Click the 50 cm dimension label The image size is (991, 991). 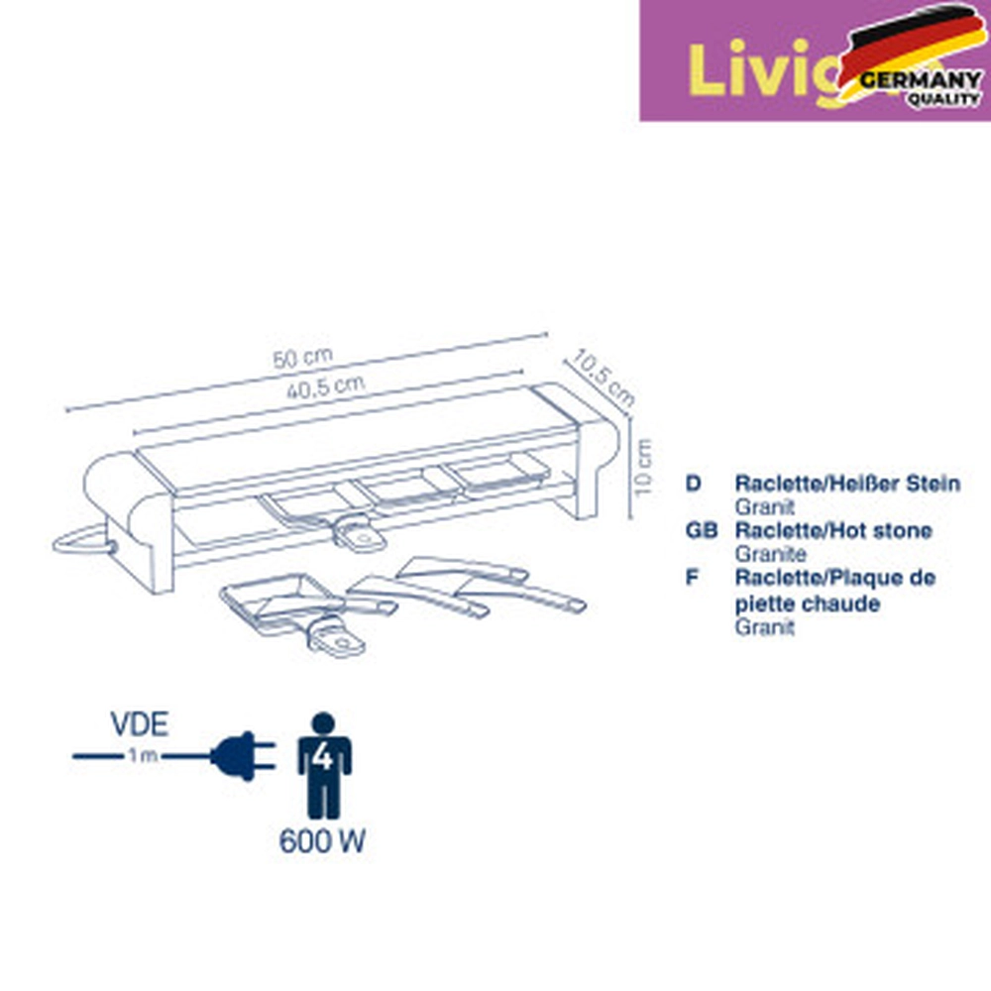pyautogui.click(x=303, y=357)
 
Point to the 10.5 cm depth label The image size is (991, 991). pyautogui.click(x=604, y=377)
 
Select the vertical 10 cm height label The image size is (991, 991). pyautogui.click(x=645, y=468)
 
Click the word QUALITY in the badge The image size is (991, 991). pyautogui.click(x=943, y=100)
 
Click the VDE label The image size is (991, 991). pyautogui.click(x=139, y=724)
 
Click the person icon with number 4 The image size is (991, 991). pyautogui.click(x=324, y=763)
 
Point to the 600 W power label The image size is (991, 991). pyautogui.click(x=322, y=842)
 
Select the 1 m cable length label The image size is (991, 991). pyautogui.click(x=140, y=757)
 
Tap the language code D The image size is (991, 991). pyautogui.click(x=693, y=484)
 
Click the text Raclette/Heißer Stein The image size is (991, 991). pyautogui.click(x=846, y=484)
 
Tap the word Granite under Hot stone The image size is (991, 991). pyautogui.click(x=770, y=554)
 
